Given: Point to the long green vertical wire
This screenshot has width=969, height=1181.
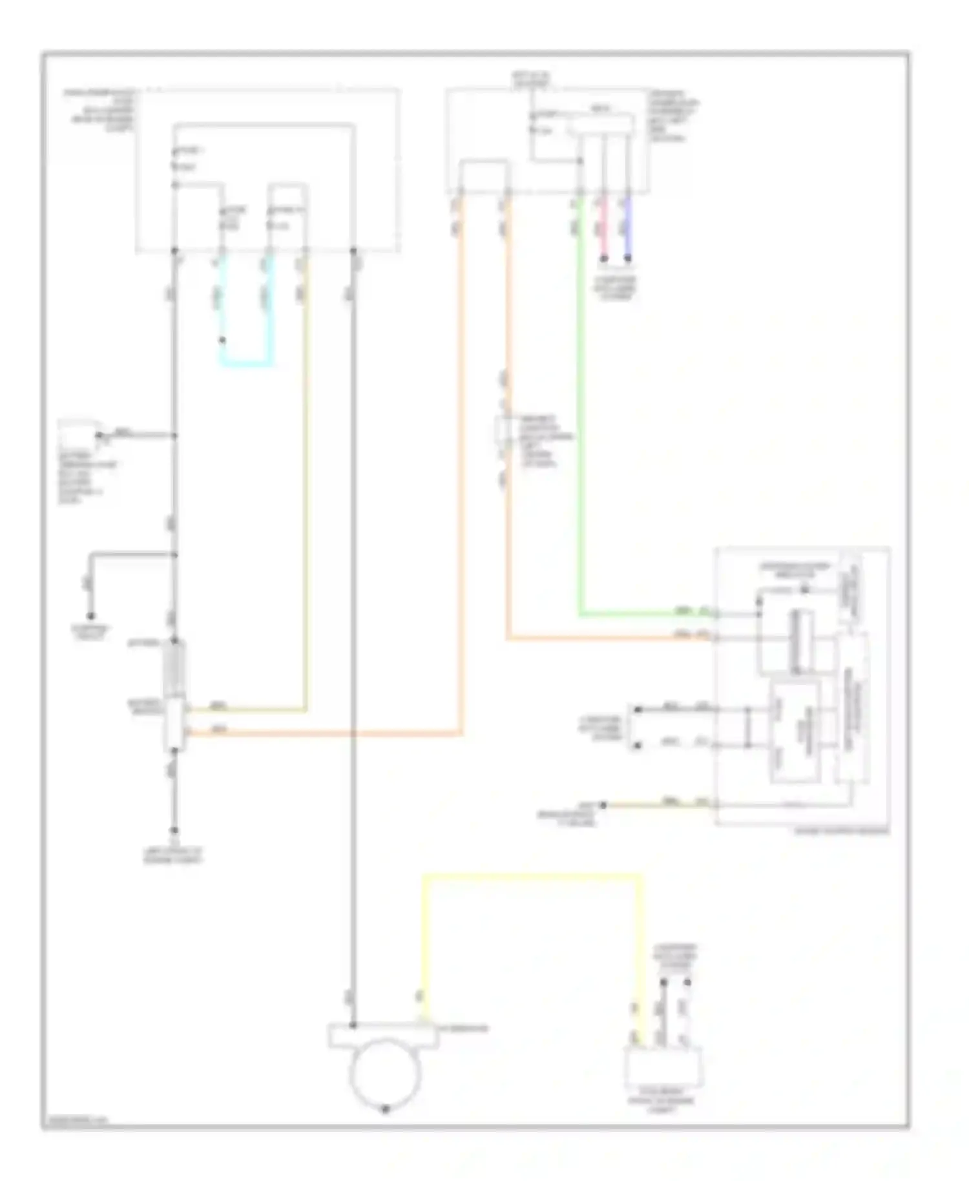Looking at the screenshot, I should pos(581,420).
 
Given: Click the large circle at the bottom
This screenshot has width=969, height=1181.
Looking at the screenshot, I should pos(385,1072).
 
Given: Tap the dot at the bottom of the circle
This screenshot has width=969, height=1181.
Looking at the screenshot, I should pos(386,1109).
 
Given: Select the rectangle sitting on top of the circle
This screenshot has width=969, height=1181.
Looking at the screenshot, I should pos(384,1034).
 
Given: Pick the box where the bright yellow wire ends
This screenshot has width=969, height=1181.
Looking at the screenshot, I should pos(663,1067).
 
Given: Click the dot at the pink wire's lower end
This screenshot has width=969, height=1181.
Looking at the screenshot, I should pos(604,259).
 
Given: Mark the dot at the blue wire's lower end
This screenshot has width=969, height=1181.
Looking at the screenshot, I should pos(628,259).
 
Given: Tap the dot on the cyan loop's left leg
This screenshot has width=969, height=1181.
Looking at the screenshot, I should pos(222,340).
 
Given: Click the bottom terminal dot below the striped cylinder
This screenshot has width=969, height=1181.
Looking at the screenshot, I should pos(174,831).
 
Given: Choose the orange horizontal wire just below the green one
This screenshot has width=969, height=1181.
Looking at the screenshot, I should pos(607,638).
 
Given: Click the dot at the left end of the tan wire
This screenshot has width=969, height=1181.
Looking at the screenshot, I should pos(603,805).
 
